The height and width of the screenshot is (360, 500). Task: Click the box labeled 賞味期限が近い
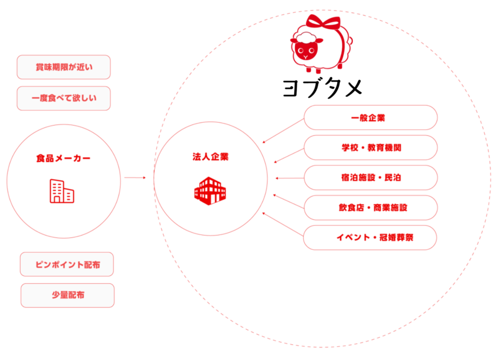pos(63,67)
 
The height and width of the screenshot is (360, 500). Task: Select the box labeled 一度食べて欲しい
pos(63,99)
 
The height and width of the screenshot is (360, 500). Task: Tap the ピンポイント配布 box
pos(67,264)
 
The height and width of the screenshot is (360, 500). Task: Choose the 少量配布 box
pos(67,295)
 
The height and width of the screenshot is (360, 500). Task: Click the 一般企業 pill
pos(370,118)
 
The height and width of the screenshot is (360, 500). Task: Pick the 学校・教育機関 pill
pos(370,148)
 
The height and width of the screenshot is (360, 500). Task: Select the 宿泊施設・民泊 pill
pos(370,178)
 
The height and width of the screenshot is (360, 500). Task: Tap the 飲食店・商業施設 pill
pos(370,208)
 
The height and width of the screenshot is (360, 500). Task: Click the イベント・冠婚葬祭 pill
pos(370,237)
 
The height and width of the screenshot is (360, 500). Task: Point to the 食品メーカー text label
pos(63,158)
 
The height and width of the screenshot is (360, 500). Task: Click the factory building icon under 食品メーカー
pos(62,191)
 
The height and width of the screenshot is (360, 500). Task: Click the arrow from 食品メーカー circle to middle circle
pos(135,178)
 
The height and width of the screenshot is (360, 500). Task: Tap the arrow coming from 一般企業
pos(282,131)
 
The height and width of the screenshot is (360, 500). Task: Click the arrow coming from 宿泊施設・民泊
pos(289,178)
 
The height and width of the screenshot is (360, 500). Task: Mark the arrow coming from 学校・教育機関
pos(288,154)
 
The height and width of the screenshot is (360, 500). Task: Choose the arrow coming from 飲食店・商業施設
pos(288,202)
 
